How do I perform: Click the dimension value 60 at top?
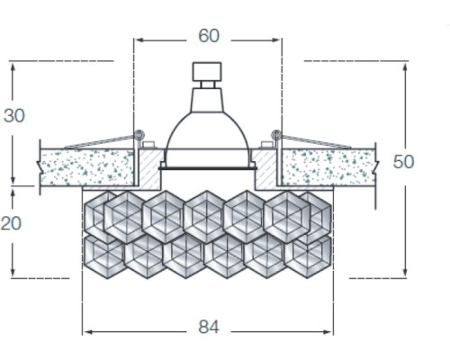point(208,36)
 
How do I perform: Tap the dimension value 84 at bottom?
point(208,327)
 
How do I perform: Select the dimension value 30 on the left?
point(13,115)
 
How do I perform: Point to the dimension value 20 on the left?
point(11,223)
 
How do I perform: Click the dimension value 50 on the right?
point(404,161)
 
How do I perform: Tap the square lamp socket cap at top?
point(208,72)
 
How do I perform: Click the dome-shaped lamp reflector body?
point(208,135)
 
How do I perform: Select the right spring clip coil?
point(276,135)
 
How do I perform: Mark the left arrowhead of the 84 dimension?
point(86,330)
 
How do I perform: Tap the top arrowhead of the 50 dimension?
point(405,66)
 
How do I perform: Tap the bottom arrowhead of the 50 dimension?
point(405,274)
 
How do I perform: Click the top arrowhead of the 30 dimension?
point(13,66)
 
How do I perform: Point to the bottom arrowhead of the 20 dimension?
point(13,274)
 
